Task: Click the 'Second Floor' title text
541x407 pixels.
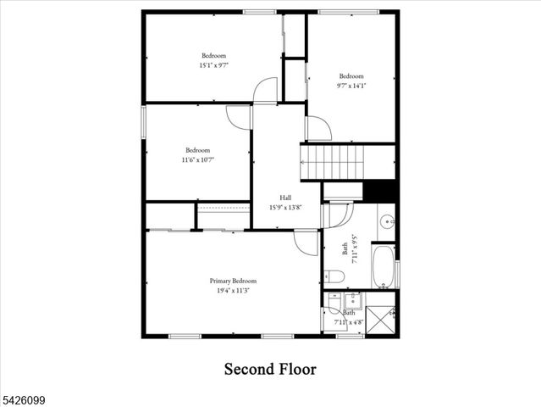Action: (x=270, y=369)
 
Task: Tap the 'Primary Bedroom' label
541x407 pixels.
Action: (x=233, y=281)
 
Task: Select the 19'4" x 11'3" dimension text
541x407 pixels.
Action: (x=233, y=290)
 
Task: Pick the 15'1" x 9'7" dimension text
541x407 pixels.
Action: (x=213, y=64)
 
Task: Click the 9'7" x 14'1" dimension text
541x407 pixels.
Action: (x=351, y=85)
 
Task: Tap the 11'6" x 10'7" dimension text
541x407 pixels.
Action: (x=197, y=159)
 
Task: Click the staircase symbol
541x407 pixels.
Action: (x=332, y=161)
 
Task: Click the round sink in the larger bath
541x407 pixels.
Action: (x=386, y=223)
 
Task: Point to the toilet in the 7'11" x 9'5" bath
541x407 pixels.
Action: (x=333, y=276)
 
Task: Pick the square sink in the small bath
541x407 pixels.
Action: (x=351, y=300)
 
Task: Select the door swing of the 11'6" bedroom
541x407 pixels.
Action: (x=239, y=117)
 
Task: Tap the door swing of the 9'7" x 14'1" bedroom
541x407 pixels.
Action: (x=318, y=128)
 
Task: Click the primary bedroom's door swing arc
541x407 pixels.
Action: (x=306, y=243)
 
